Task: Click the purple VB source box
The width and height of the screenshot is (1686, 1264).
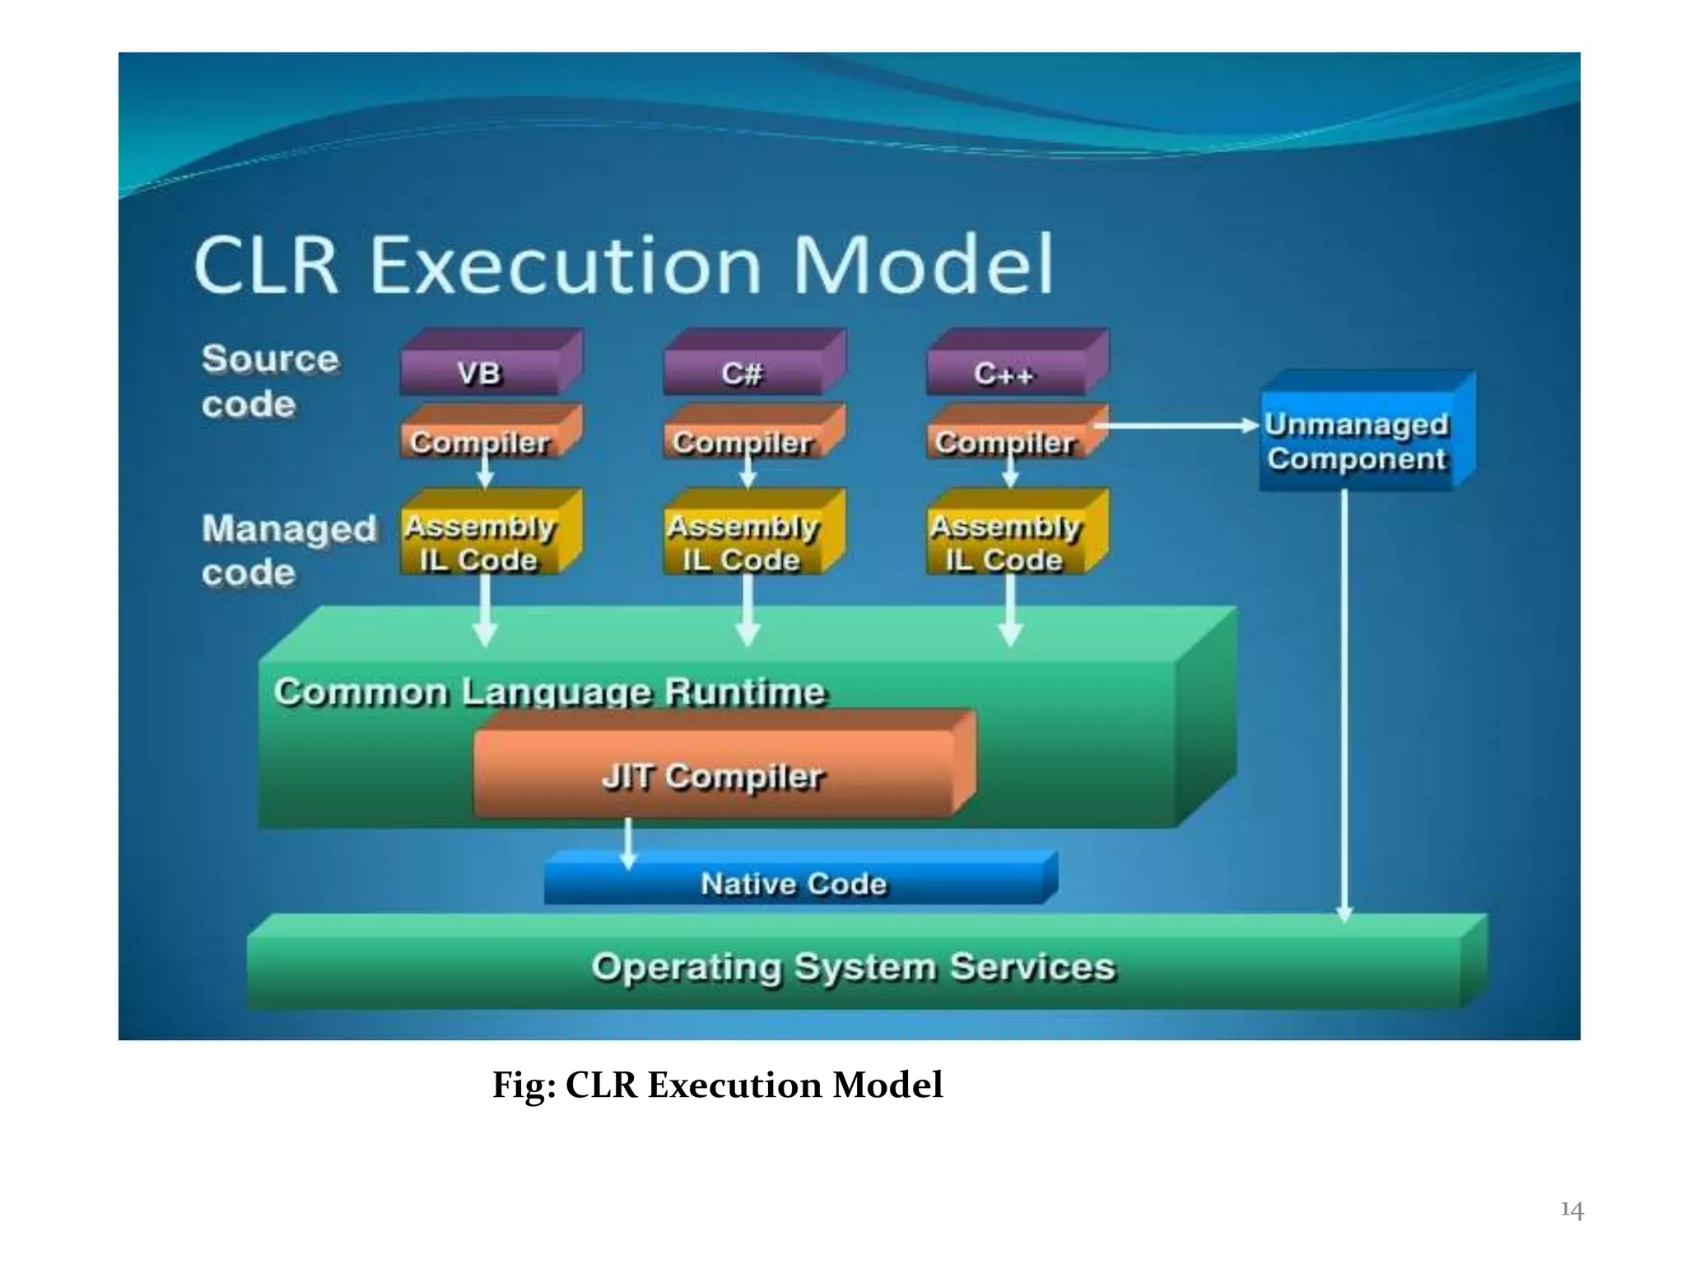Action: point(481,373)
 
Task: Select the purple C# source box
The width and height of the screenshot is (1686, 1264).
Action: point(743,373)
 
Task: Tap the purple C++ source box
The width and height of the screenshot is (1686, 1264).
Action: point(1006,373)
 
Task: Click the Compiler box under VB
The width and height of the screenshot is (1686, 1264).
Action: point(481,440)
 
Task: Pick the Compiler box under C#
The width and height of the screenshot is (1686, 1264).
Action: point(743,440)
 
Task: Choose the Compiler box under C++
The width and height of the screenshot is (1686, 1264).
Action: point(1006,440)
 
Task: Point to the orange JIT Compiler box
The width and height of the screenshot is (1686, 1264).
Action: point(714,775)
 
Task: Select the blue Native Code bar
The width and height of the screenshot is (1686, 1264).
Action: point(794,883)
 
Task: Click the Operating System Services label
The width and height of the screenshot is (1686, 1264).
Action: point(854,966)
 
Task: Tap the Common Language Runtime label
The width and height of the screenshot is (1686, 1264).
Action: point(550,691)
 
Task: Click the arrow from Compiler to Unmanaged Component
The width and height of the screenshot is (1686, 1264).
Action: point(1177,425)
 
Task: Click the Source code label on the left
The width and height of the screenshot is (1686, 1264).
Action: point(269,381)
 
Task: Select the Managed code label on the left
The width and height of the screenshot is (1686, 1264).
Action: point(288,550)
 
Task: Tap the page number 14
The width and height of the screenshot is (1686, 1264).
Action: point(1572,1210)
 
